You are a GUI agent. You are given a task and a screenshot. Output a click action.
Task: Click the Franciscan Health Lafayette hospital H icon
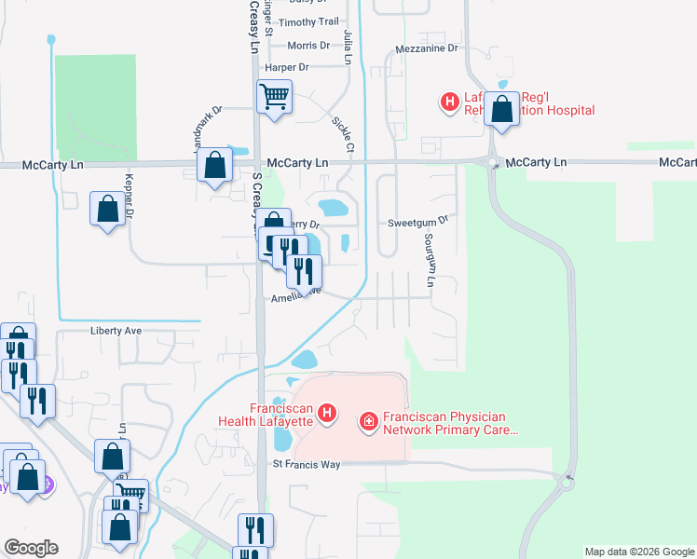[327, 412]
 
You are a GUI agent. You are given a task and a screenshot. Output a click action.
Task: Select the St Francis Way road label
[303, 463]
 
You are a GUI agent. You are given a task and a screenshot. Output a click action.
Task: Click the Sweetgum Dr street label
[418, 223]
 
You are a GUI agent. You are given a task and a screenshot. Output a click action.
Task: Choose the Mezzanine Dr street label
[427, 48]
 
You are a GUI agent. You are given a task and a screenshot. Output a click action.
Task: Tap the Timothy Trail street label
[309, 22]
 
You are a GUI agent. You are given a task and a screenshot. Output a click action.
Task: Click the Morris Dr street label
[308, 45]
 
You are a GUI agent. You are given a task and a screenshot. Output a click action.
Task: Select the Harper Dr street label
[286, 67]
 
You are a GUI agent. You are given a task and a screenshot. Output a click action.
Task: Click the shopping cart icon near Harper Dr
[275, 96]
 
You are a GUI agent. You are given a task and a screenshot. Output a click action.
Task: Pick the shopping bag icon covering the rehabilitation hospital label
[502, 109]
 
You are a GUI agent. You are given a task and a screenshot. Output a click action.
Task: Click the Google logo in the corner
[31, 548]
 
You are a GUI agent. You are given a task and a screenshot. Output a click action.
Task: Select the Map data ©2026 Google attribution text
[638, 552]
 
